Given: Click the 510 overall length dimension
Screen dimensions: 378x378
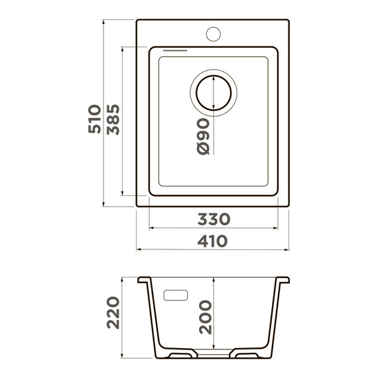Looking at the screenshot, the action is (x=94, y=119).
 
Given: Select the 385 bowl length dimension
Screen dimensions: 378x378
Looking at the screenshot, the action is (x=113, y=119).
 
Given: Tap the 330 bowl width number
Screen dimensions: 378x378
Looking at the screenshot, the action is (x=214, y=219).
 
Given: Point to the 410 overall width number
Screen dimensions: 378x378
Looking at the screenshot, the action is (x=212, y=241).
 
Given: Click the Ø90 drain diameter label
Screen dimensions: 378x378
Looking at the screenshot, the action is (x=203, y=136).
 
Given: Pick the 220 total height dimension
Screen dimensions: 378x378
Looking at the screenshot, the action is (x=113, y=312).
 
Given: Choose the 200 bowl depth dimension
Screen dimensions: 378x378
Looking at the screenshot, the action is (x=206, y=317).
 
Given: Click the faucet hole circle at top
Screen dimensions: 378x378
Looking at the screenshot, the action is (x=214, y=34).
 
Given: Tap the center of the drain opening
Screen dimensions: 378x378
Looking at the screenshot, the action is (x=214, y=93).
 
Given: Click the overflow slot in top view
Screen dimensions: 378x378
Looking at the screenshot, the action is (x=175, y=50).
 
